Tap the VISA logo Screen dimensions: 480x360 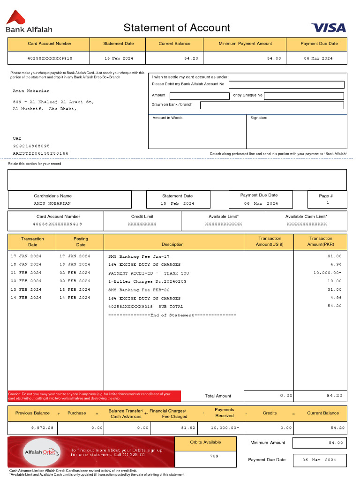coord(328,28)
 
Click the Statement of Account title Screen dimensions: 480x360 coord(177,28)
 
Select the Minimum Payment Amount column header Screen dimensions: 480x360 coord(245,44)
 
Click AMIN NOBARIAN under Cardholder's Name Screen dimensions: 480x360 coord(52,204)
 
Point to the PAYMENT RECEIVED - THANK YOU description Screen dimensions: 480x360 coord(149,273)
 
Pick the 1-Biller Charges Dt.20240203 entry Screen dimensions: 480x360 coord(147,281)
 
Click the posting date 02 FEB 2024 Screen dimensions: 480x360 coord(75,273)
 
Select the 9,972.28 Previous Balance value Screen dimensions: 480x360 coord(42,428)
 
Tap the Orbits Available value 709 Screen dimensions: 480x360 coord(214,456)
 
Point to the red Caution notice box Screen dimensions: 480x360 coord(94,396)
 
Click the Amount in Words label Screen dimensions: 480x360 coord(167,118)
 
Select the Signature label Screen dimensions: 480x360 coord(259,118)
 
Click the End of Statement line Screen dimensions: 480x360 coord(172,315)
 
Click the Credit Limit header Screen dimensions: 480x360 coord(142,217)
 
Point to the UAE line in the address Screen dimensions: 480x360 coord(17,138)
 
